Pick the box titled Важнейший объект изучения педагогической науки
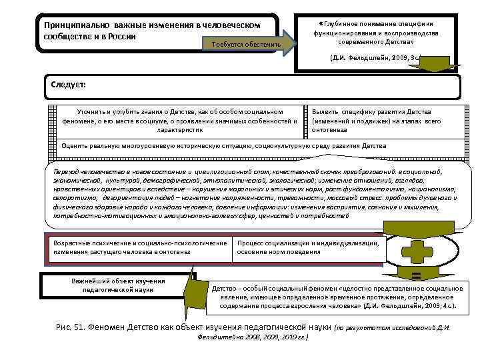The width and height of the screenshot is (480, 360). click(113, 285)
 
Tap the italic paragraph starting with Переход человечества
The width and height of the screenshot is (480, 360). click(253, 193)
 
